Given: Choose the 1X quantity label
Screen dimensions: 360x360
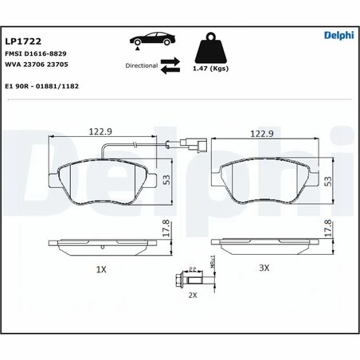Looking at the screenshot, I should [100, 270].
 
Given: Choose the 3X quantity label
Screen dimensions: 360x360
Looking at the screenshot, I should [264, 270].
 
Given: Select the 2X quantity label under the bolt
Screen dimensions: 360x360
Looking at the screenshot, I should [192, 295].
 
